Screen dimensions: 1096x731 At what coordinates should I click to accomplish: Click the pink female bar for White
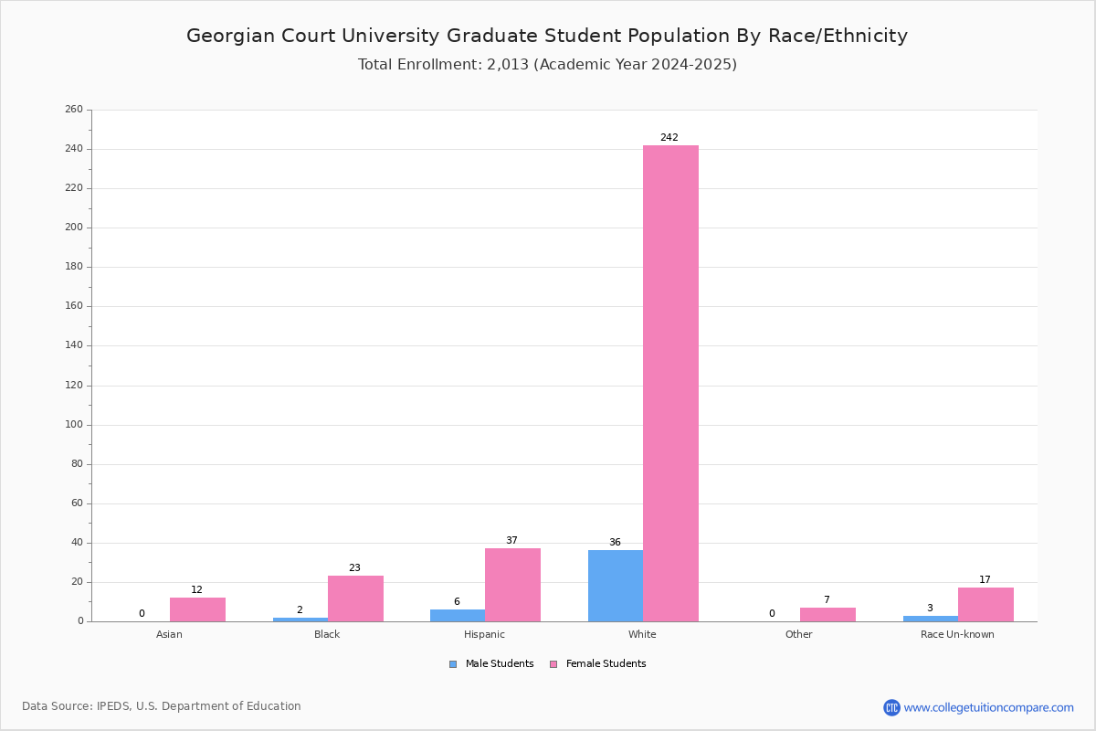[x=670, y=384]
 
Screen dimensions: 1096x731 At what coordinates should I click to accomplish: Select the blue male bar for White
[x=616, y=586]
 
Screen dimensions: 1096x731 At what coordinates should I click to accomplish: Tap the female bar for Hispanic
[x=512, y=585]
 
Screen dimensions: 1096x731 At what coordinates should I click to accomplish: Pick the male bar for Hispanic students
[x=458, y=616]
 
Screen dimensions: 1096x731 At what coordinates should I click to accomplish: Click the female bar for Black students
[x=355, y=599]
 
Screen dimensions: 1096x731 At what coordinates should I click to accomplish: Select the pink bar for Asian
[x=197, y=609]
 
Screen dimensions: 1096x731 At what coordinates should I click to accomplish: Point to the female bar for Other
[x=827, y=615]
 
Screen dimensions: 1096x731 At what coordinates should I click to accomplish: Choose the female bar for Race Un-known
[x=985, y=605]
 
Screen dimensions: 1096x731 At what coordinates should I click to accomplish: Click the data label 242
[x=669, y=138]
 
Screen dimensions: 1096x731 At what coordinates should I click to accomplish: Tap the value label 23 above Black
[x=354, y=568]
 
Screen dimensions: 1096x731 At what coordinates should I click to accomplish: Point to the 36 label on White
[x=615, y=543]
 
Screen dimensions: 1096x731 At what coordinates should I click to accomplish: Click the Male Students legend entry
[x=491, y=664]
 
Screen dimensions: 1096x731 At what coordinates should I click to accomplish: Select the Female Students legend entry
[x=598, y=664]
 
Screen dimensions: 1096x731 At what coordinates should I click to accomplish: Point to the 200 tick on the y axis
[x=74, y=228]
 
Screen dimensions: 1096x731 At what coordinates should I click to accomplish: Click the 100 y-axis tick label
[x=74, y=425]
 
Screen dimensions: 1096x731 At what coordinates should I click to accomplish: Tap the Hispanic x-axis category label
[x=484, y=634]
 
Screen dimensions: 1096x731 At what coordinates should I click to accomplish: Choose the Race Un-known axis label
[x=957, y=634]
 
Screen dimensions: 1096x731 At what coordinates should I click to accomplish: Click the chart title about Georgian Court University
[x=547, y=36]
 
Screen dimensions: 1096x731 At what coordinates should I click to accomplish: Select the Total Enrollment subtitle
[x=547, y=65]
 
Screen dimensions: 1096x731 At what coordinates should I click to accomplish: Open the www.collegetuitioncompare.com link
[x=988, y=707]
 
